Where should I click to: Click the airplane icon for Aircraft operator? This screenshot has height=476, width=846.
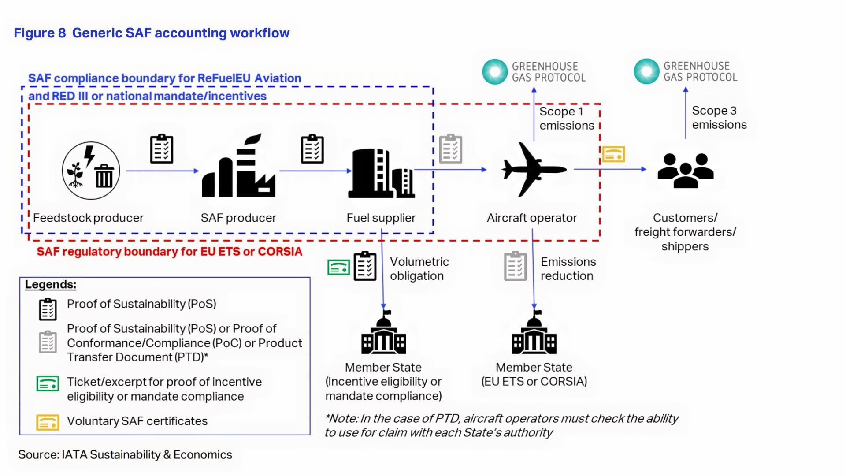coord(534,169)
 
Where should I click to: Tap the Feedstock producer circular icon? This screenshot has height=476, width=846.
coord(91,171)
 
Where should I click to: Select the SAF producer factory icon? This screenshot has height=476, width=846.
coord(238,166)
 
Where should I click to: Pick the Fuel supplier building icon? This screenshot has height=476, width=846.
coord(382,173)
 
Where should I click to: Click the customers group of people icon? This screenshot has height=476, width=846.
coord(685,171)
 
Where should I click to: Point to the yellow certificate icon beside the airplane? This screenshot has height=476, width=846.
coord(614,154)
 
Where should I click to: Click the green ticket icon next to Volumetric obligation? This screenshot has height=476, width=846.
coord(338,267)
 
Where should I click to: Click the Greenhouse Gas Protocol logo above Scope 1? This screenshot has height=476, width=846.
coord(534,72)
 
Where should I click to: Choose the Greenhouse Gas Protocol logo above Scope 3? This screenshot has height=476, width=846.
coord(686,71)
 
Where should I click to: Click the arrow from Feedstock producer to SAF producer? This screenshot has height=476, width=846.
coord(163,171)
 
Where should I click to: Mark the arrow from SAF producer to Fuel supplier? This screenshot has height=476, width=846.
coord(315,171)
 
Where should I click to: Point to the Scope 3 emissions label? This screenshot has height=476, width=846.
coord(719,118)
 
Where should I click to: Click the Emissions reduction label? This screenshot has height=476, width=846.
coord(568,268)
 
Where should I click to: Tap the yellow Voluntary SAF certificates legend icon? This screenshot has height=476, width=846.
coord(48,422)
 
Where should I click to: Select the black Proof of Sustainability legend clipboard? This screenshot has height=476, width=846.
coord(48,309)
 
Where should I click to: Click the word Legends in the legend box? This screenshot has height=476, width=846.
coord(51,285)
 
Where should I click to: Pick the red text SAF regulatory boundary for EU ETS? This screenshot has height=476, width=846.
coord(170,252)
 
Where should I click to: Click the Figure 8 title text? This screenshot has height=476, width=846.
coord(152,33)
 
